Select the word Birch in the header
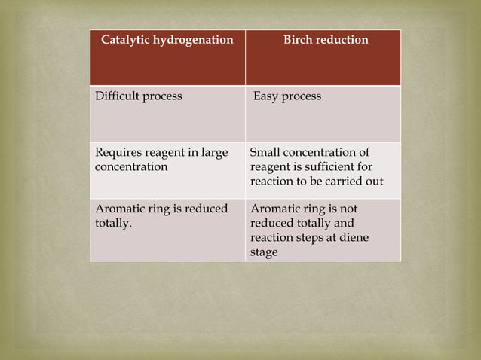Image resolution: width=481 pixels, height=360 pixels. [299, 39]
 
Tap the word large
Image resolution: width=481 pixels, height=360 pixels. [213, 153]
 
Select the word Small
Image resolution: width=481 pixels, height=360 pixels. [265, 153]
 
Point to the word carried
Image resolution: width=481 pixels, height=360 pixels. [344, 182]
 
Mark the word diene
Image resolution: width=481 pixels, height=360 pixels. [354, 238]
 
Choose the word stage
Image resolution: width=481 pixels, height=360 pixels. [263, 252]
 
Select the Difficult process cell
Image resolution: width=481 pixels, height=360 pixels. [167, 114]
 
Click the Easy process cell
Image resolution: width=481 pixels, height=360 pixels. [323, 114]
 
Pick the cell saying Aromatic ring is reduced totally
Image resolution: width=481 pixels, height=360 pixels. [167, 230]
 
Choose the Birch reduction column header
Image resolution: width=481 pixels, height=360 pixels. [323, 57]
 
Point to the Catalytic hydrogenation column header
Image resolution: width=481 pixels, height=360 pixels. [167, 57]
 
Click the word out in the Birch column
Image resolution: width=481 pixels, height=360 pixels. [374, 182]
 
